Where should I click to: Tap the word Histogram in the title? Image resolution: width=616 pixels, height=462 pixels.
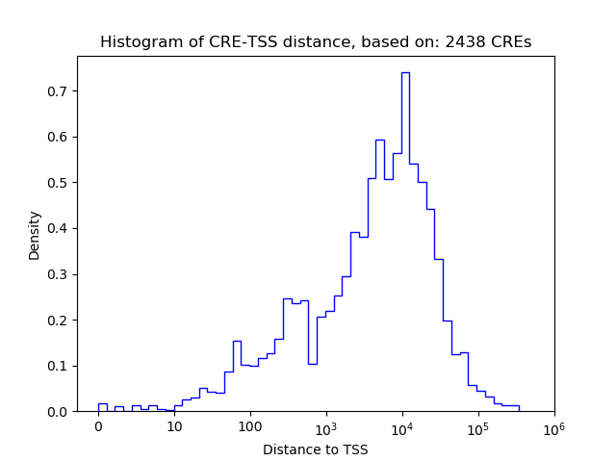coord(137,42)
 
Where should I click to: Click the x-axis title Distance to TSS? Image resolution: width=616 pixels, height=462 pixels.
coord(315,449)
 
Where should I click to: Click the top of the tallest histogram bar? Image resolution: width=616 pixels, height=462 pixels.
coord(405,72)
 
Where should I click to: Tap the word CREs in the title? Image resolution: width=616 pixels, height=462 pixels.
coord(512,42)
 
